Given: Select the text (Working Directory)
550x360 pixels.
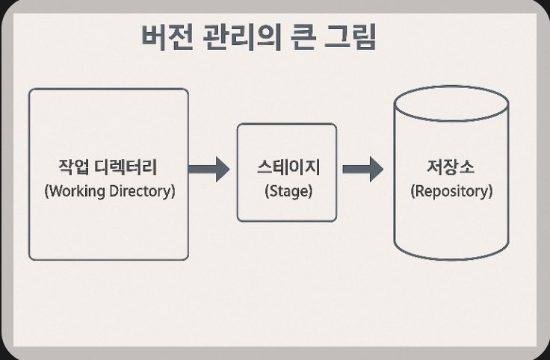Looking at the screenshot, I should [x=109, y=190].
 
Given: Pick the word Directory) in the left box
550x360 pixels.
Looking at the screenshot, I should [x=143, y=190].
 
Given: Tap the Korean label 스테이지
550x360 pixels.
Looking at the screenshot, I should [x=287, y=167].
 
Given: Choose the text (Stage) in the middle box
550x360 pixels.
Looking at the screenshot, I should [x=288, y=190].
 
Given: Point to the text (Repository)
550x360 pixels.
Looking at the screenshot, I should [x=451, y=190].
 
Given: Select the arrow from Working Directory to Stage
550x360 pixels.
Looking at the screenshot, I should [x=208, y=168].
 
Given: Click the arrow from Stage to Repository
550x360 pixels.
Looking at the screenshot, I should [x=362, y=168].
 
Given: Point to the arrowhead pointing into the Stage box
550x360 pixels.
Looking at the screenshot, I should [x=222, y=168].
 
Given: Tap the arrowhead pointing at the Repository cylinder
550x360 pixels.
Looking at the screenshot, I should [x=375, y=168].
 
